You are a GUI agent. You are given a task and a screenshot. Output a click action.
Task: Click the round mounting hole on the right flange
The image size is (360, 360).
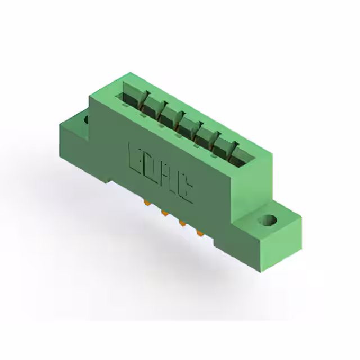click(x=268, y=220)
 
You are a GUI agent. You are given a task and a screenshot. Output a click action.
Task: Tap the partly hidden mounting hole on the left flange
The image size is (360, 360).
click(x=87, y=120)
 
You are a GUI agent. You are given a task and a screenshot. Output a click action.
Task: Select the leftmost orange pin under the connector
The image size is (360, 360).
click(x=146, y=202)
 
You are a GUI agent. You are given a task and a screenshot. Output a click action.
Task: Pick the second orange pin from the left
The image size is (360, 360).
click(x=164, y=213)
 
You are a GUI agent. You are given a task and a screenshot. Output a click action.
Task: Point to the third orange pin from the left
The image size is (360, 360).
click(x=182, y=223)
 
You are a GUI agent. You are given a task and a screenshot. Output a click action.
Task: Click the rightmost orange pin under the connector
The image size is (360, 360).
click(x=200, y=233)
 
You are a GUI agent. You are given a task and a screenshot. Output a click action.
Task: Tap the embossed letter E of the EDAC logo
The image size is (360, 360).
click(x=135, y=159)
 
